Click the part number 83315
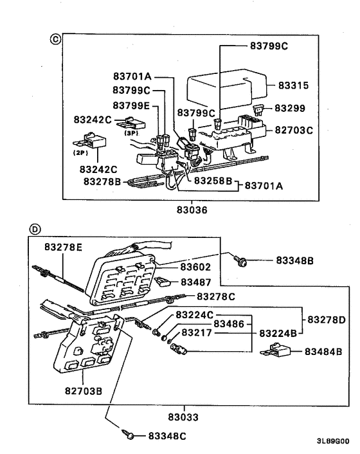pyautogui.click(x=294, y=85)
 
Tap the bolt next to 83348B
pyautogui.click(x=243, y=260)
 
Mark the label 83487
pyautogui.click(x=195, y=282)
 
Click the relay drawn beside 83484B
pyautogui.click(x=278, y=352)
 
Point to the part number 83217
pyautogui.click(x=196, y=333)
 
